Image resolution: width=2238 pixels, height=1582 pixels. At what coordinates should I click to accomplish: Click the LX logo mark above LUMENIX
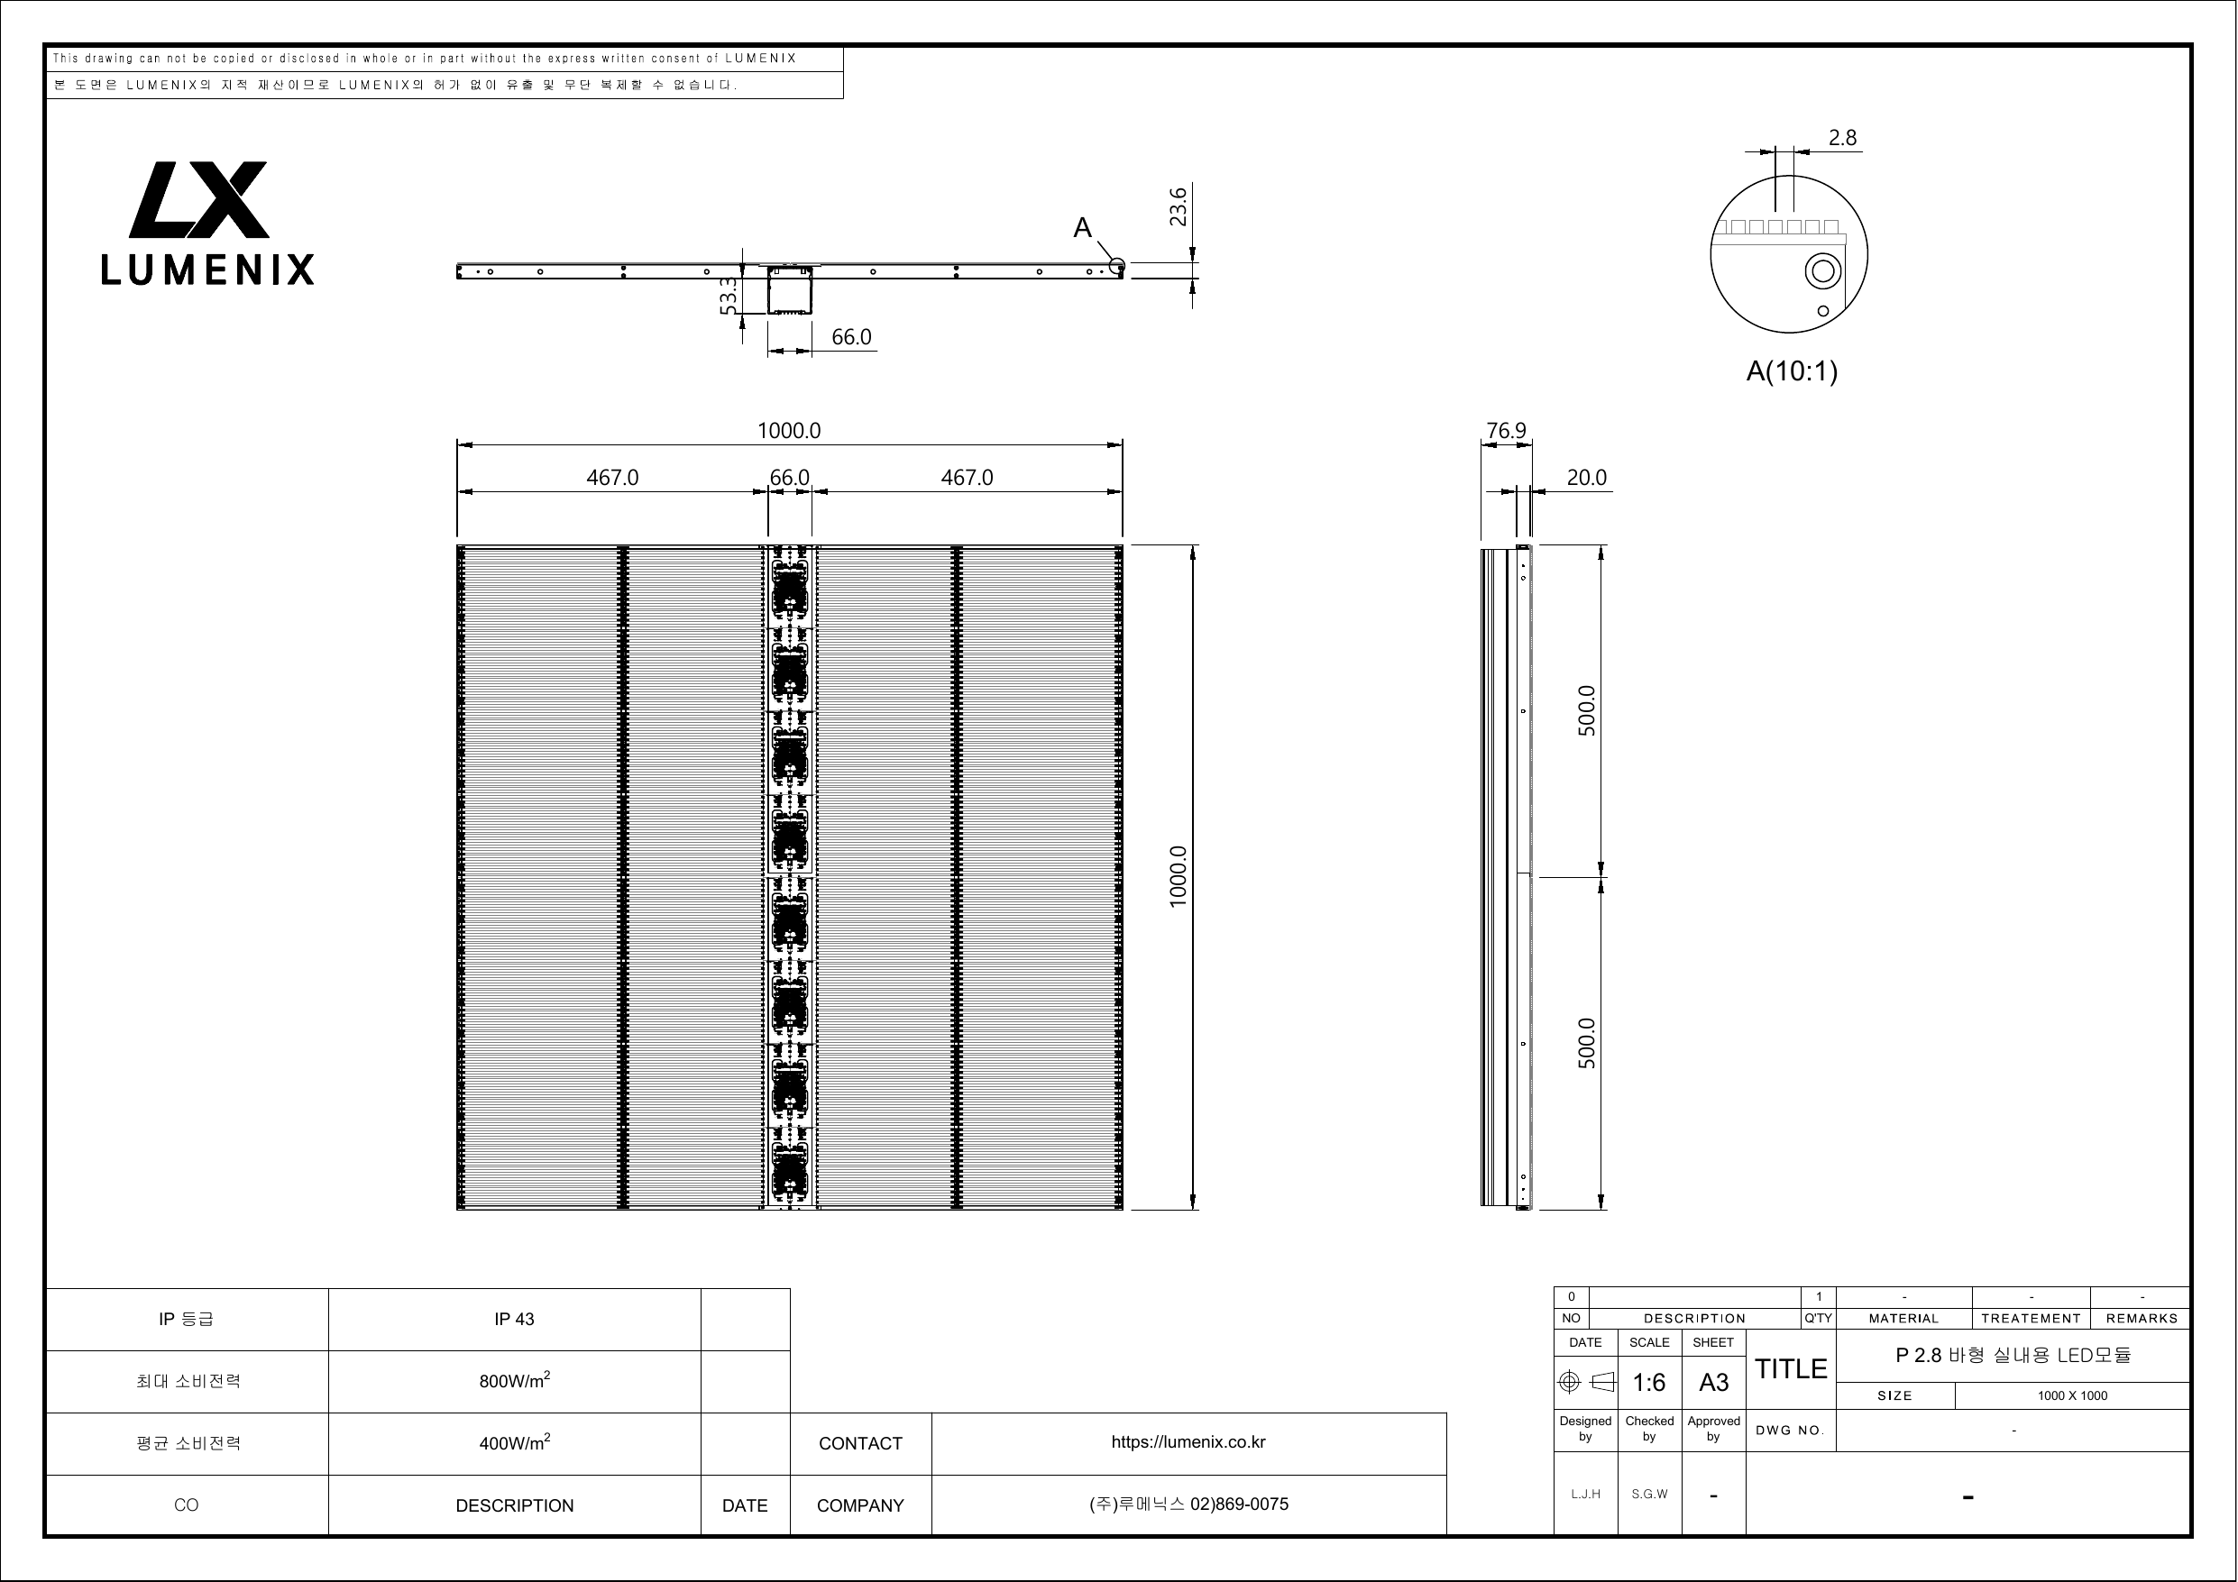pos(199,199)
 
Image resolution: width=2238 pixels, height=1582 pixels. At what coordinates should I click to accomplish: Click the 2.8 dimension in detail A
pos(1841,139)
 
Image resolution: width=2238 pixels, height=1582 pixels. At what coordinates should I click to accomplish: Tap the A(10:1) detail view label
pos(1792,371)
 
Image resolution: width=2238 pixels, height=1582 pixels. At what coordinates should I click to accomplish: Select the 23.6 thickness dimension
pos(1179,206)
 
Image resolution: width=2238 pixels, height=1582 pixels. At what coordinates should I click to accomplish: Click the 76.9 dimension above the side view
pos(1506,431)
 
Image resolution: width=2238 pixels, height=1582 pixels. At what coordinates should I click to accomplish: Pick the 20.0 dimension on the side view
pos(1586,478)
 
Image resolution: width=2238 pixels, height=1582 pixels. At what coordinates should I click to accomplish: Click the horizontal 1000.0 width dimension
pos(790,431)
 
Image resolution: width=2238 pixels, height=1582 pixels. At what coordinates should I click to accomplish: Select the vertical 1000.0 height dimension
pos(1179,877)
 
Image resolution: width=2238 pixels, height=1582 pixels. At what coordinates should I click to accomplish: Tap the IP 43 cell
pos(514,1320)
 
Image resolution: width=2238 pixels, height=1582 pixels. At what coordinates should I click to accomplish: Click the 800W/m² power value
pos(515,1380)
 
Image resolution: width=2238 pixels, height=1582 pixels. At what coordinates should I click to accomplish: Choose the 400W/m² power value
pos(515,1442)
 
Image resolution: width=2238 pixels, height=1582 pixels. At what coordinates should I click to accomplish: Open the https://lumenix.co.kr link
pos(1188,1442)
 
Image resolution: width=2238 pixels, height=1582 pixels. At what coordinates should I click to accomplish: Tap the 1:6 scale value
pos(1649,1382)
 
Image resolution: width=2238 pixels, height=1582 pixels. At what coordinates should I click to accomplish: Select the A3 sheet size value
pos(1713,1382)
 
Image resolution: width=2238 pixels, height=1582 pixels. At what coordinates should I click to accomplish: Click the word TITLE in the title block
pos(1791,1369)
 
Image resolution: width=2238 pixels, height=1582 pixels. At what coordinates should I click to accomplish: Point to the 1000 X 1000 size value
pos(2072,1395)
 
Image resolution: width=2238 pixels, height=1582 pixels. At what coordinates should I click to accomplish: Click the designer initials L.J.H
pos(1585,1495)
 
